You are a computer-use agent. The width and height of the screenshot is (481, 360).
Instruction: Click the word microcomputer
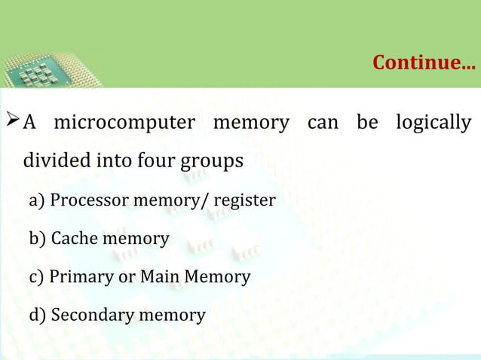[124, 122]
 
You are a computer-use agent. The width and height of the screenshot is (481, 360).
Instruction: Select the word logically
[434, 122]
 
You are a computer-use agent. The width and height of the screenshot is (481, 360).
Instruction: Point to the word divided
[56, 161]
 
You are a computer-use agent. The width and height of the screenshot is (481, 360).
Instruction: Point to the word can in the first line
[323, 122]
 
